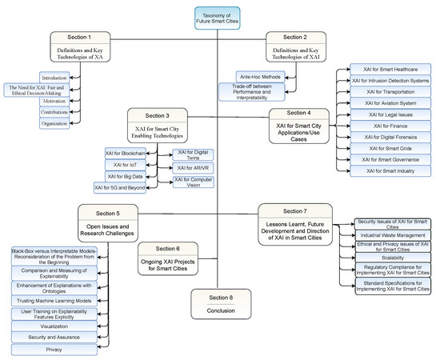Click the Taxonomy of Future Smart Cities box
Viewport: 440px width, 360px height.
[218, 18]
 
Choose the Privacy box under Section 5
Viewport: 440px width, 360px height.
[55, 349]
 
